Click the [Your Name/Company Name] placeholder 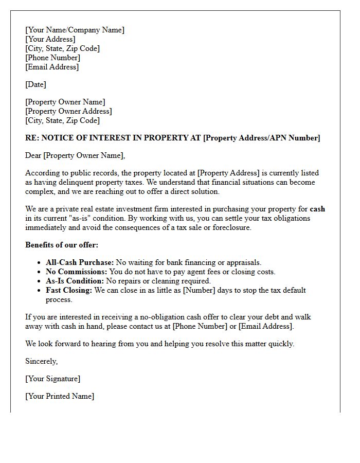pyautogui.click(x=75, y=30)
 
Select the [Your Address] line pyautogui.click(x=50, y=39)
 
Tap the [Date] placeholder pyautogui.click(x=35, y=84)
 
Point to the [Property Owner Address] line pyautogui.click(x=68, y=111)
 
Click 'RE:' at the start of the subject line pyautogui.click(x=32, y=138)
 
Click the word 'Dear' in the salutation pyautogui.click(x=33, y=155)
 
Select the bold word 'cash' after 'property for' pyautogui.click(x=317, y=209)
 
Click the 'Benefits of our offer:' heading pyautogui.click(x=62, y=245)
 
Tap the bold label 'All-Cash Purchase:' pyautogui.click(x=79, y=262)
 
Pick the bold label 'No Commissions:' pyautogui.click(x=77, y=272)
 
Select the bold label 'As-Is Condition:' pyautogui.click(x=75, y=281)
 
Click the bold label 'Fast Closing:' pyautogui.click(x=68, y=290)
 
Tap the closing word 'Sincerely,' pyautogui.click(x=41, y=361)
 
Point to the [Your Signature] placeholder pyautogui.click(x=52, y=379)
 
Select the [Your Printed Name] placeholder pyautogui.click(x=60, y=396)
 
